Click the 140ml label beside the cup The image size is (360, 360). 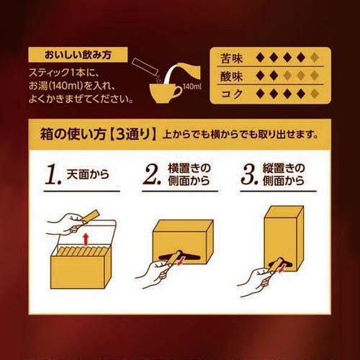(x=191, y=87)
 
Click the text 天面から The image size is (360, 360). (x=84, y=176)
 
